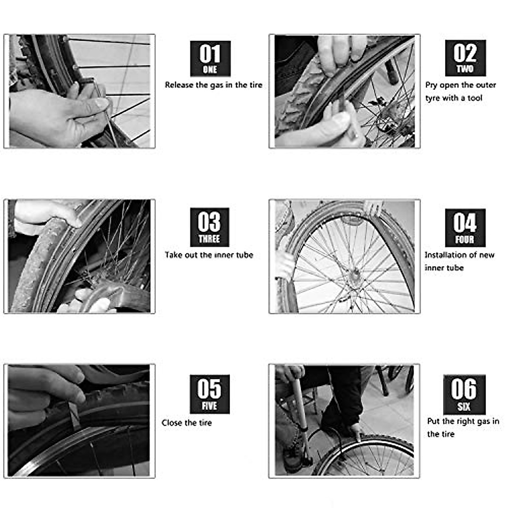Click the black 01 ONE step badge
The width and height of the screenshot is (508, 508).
tap(210, 59)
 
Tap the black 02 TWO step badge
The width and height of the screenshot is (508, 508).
tap(465, 58)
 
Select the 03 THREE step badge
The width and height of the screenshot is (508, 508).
tap(209, 227)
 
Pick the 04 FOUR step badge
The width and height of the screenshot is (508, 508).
tap(464, 228)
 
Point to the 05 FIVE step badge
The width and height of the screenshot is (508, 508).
tap(209, 394)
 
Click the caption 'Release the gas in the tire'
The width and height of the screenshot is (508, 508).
tap(213, 85)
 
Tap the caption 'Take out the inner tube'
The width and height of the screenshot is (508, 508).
tap(209, 255)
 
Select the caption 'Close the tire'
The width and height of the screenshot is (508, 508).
tap(187, 422)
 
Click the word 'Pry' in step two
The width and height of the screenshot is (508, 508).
tap(431, 85)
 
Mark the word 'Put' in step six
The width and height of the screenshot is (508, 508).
tap(433, 421)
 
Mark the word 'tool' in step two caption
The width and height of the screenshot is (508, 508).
tap(475, 98)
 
